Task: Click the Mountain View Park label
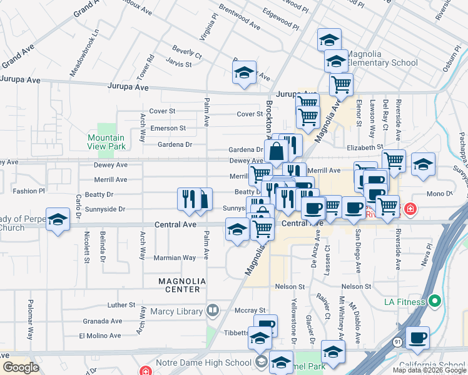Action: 106,142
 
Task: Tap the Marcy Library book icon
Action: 213,310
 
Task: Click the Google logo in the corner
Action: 21,367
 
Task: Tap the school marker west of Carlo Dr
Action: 58,220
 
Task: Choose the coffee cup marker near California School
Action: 417,338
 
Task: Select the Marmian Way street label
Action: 175,257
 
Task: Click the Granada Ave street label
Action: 103,321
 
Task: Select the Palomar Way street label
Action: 31,318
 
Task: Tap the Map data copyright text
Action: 429,370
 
